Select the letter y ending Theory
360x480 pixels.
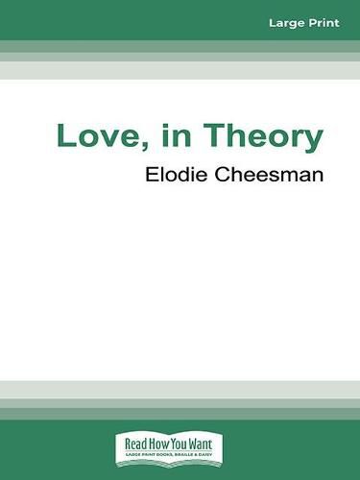click(313, 142)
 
